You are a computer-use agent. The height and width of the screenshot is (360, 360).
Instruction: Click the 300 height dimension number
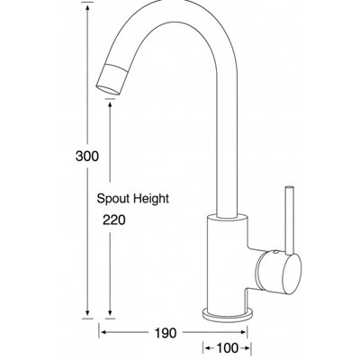87,157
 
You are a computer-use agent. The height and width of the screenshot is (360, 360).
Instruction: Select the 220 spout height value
114,220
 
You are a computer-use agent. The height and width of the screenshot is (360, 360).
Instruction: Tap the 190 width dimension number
166,333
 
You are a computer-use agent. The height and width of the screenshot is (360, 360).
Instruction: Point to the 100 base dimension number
227,348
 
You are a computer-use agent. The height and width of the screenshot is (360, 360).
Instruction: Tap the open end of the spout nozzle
108,90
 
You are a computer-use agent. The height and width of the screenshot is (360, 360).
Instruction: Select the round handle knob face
290,274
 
